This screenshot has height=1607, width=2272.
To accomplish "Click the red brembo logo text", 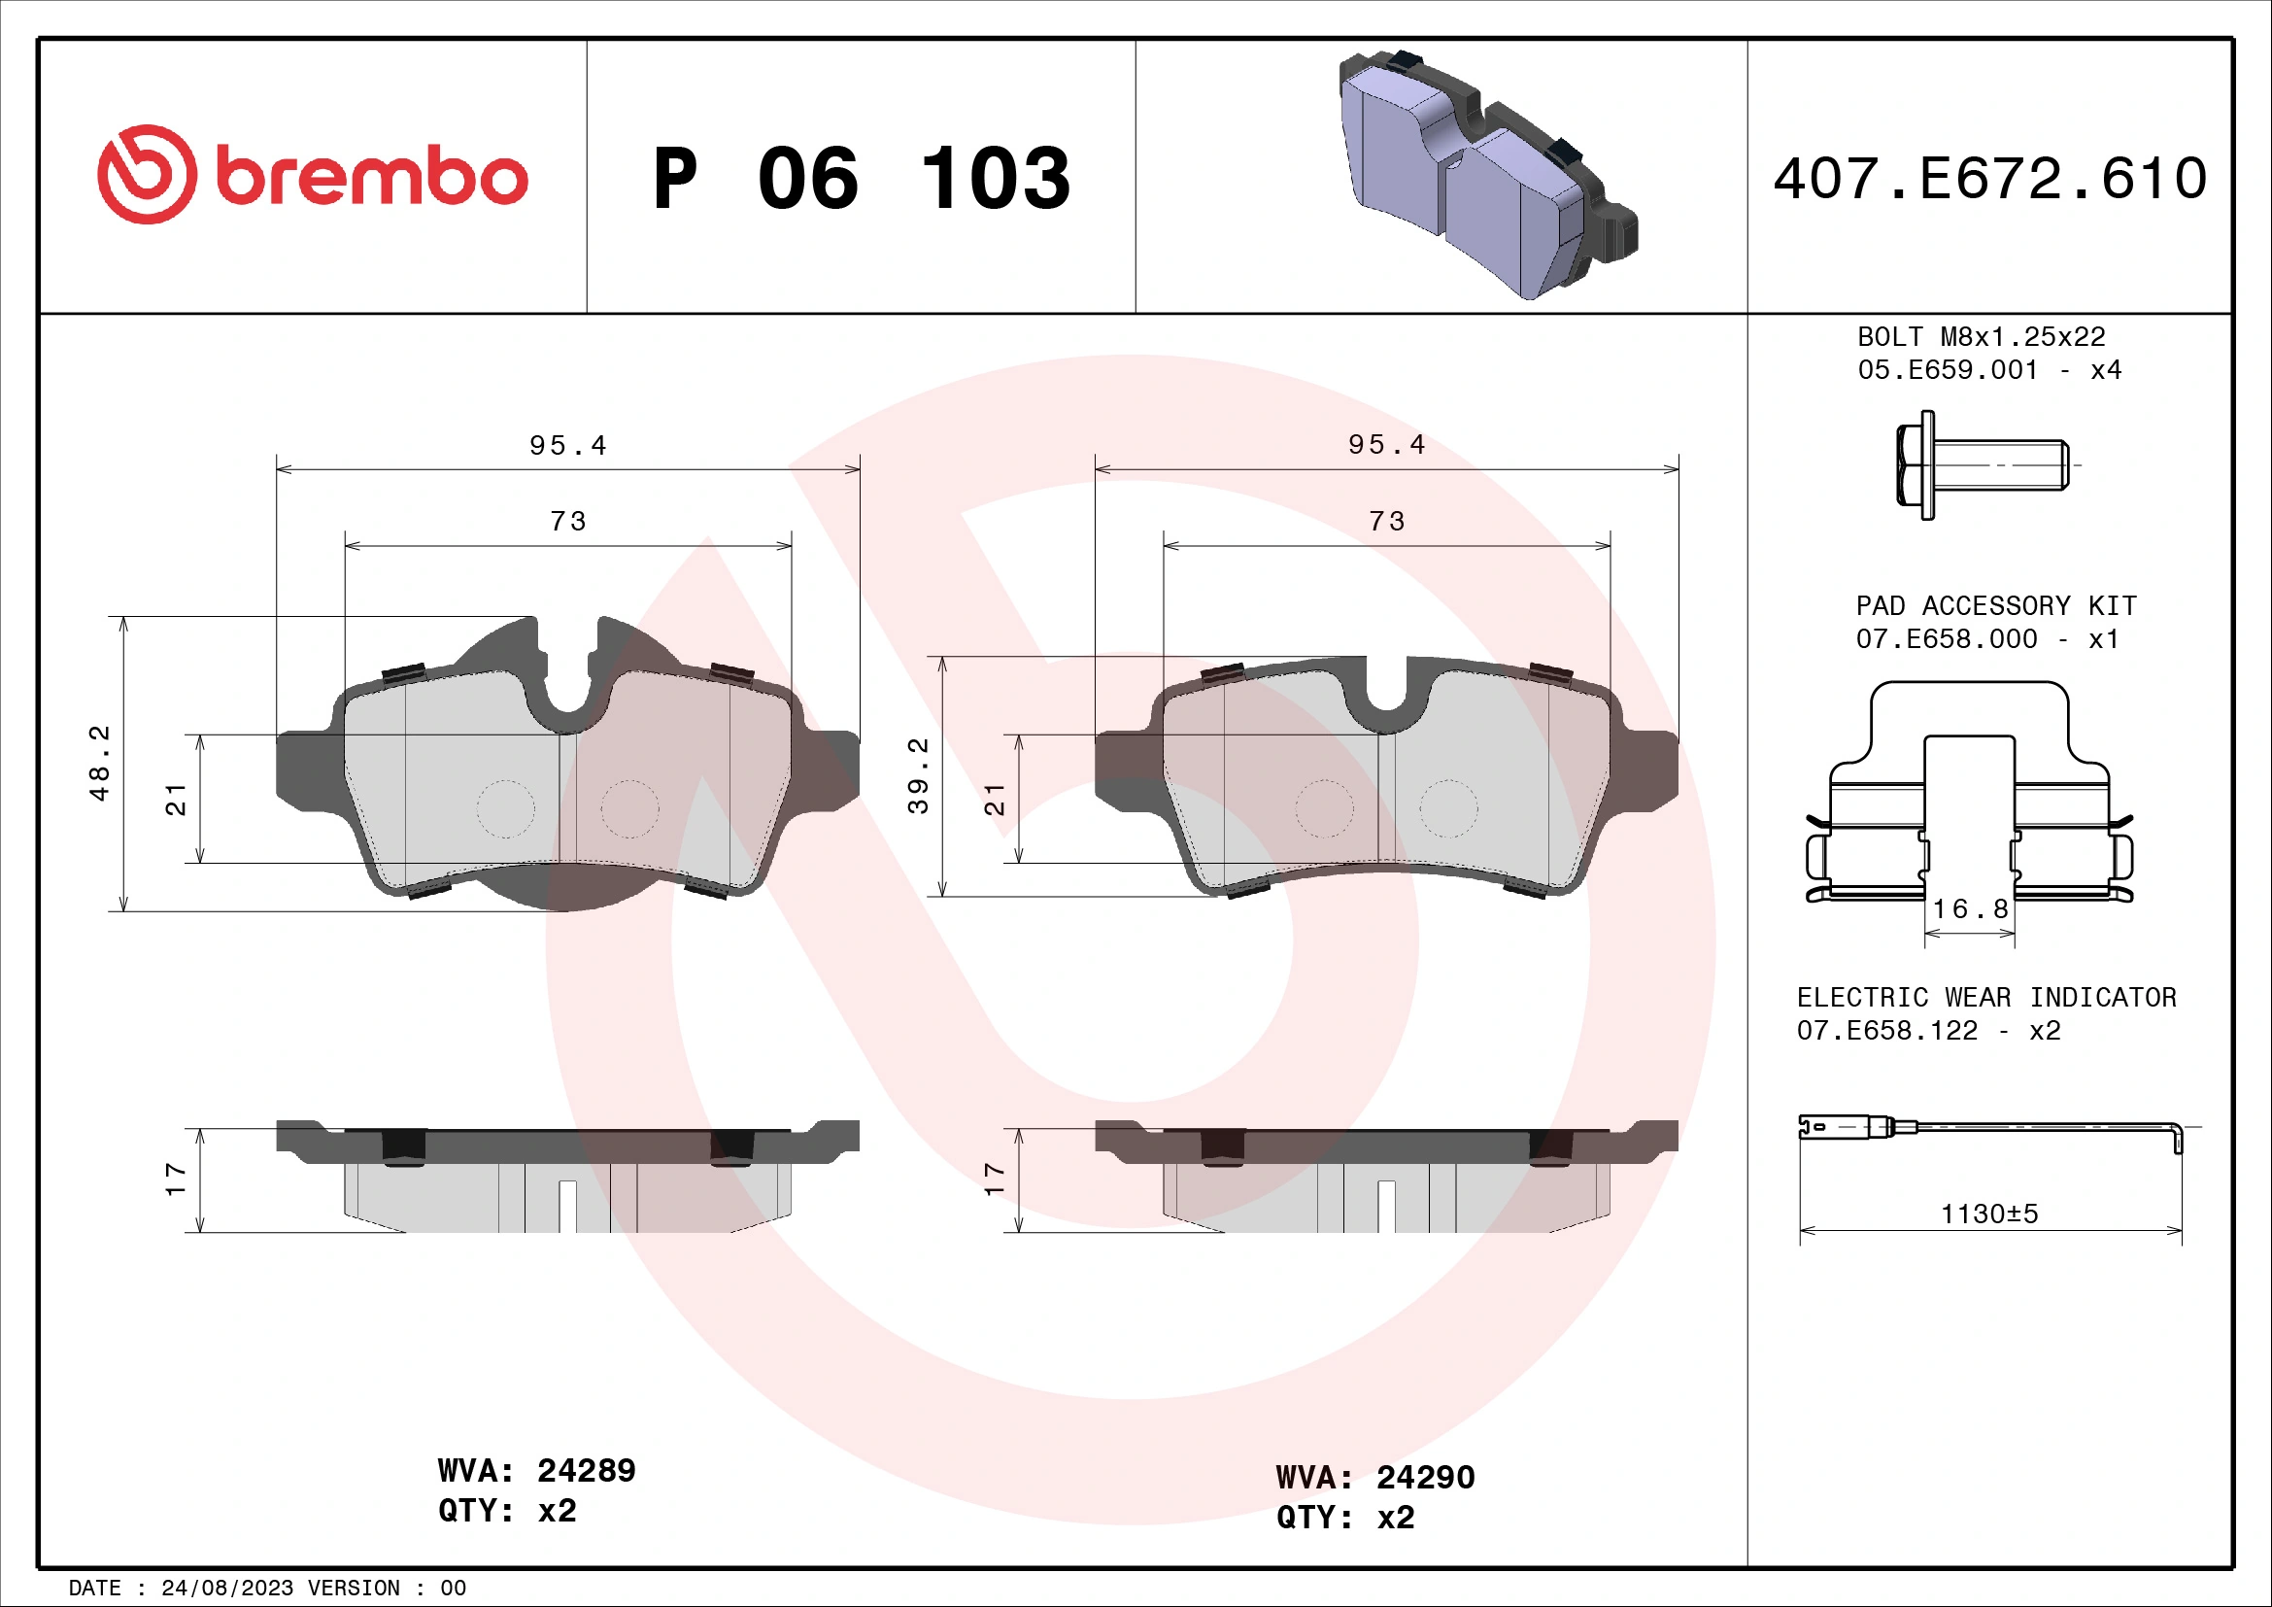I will (371, 178).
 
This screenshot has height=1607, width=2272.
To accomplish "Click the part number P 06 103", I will (861, 179).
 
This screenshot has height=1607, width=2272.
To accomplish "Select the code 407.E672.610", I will (1989, 179).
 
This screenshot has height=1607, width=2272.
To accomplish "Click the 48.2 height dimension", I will (100, 763).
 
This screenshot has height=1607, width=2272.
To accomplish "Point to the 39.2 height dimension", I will (918, 775).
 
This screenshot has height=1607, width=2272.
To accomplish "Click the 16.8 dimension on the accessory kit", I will (1969, 908).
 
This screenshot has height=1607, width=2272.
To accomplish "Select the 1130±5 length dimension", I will (1989, 1214).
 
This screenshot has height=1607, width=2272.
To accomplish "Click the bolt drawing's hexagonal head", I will (1914, 465).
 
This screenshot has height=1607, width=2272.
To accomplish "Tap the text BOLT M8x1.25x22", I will (1980, 337).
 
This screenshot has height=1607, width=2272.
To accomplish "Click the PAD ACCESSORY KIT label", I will (1995, 605).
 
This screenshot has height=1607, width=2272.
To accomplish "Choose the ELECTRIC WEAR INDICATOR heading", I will (1986, 998).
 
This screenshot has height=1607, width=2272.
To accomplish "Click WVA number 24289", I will (586, 1470).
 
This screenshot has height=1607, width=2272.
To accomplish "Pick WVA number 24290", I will (1425, 1478).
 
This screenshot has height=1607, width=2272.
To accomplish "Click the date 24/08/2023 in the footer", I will (226, 1589).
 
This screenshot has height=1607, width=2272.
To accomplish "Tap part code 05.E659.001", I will (1948, 370).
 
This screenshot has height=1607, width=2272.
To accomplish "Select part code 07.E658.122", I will (1886, 1031).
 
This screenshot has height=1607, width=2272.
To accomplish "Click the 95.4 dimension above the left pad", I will (567, 445).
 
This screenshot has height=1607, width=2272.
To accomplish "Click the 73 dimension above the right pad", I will (1386, 522).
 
